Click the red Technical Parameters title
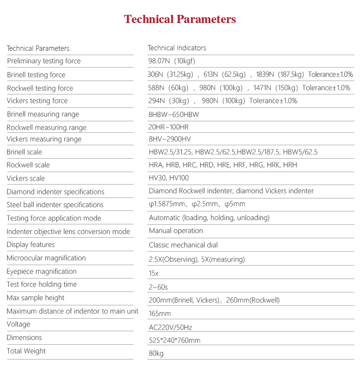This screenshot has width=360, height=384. coord(180,19)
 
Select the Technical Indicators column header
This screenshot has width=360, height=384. coord(177,48)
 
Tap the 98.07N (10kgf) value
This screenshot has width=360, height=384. coord(172,61)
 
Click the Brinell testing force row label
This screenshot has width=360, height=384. coord(36,75)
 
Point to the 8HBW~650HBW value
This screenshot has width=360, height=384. coord(174,115)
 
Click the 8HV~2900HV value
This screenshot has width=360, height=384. coord(170,139)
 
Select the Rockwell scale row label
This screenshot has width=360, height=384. coord(28,165)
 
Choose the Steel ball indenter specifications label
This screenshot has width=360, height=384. coord(55,205)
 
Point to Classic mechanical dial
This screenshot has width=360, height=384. coord(183,245)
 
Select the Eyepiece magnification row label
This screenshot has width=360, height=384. coord(42,271)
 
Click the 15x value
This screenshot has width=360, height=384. coord(154,273)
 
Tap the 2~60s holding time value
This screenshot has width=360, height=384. coord(158,287)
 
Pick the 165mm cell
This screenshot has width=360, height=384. coord(160,314)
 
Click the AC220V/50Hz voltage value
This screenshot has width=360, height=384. coord(171,328)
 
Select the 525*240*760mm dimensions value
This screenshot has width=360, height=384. coord(175,340)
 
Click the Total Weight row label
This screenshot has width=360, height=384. coord(26,351)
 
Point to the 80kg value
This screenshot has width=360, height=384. coord(156,354)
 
